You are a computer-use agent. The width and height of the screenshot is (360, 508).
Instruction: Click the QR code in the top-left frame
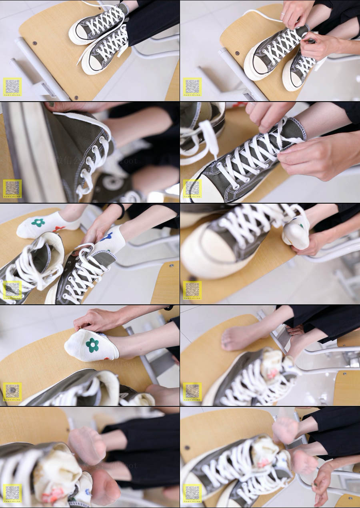pyautogui.click(x=12, y=86)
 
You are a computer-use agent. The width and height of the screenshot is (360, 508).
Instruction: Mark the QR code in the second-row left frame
pyautogui.click(x=12, y=188)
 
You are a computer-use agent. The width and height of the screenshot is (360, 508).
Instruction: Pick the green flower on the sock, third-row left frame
pyautogui.click(x=38, y=223)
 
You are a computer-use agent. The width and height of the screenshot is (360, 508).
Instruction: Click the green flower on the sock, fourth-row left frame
pyautogui.click(x=92, y=344)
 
